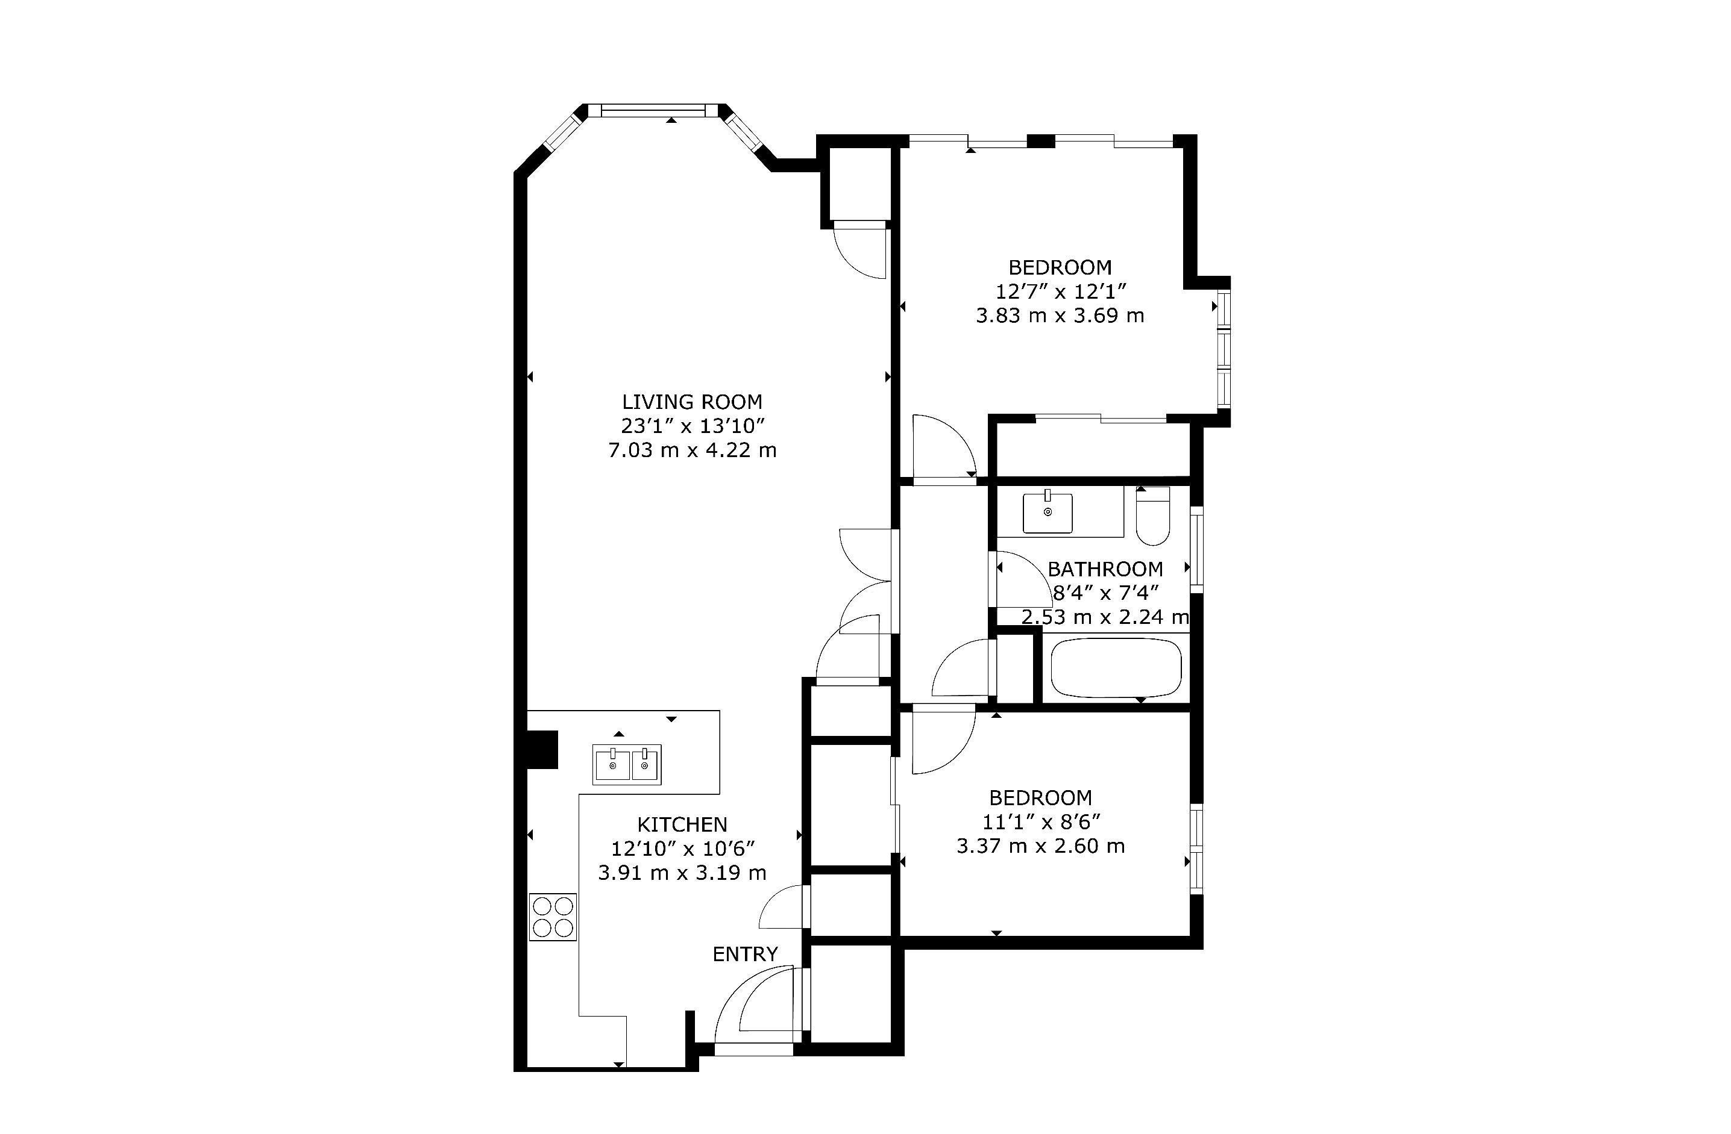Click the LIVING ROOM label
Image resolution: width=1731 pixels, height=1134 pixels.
coord(692,402)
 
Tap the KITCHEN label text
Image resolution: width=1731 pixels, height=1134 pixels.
coord(682,824)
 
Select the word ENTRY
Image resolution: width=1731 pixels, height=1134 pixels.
coord(745,954)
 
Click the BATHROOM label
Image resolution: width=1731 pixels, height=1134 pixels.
coord(1105,569)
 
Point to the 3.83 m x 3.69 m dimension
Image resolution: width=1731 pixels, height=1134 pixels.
coord(1060,316)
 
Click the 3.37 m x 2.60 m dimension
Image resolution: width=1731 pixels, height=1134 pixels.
coord(1041,846)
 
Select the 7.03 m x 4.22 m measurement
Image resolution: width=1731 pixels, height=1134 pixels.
coord(693,450)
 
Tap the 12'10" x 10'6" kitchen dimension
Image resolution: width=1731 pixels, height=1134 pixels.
coord(683,849)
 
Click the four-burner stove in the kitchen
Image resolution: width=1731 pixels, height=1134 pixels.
coord(553,917)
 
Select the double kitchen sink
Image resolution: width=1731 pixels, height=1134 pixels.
coord(627,765)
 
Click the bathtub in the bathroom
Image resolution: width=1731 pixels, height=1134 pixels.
coord(1116,667)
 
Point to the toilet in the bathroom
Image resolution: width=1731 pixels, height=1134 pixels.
coord(1153,516)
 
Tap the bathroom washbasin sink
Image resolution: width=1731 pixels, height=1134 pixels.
coord(1048,512)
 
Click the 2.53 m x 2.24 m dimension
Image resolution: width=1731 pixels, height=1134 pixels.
coord(1105,617)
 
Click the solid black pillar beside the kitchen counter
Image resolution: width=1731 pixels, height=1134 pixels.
coord(541,749)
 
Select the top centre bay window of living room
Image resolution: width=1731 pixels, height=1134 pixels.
coord(654,110)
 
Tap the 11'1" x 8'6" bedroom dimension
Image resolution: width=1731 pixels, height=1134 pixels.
coord(1041,821)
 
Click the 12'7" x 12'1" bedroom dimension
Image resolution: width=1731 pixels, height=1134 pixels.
coord(1060,291)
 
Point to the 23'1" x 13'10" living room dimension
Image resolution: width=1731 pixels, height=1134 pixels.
coord(693,426)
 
